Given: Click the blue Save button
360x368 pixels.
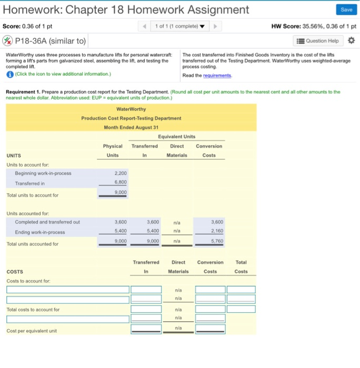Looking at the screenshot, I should click(346, 10).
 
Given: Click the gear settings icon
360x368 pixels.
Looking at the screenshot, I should click(352, 41).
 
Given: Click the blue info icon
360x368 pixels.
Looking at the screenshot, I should click(9, 74).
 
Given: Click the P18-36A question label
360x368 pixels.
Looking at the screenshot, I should click(45, 41).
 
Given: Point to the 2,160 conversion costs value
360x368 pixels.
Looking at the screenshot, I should click(209, 232).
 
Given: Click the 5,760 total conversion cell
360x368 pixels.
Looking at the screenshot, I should click(209, 242).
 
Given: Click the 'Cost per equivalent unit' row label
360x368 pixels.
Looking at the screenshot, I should click(32, 331).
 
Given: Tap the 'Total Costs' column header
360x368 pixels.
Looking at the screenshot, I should click(241, 267).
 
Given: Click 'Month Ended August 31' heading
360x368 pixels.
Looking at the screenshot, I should click(131, 127).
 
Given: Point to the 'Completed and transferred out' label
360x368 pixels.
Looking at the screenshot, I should click(47, 222).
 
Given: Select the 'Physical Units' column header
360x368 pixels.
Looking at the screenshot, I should click(113, 150).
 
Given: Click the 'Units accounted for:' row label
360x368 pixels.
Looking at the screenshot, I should click(28, 213).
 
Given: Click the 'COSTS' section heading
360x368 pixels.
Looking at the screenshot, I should click(15, 271).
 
